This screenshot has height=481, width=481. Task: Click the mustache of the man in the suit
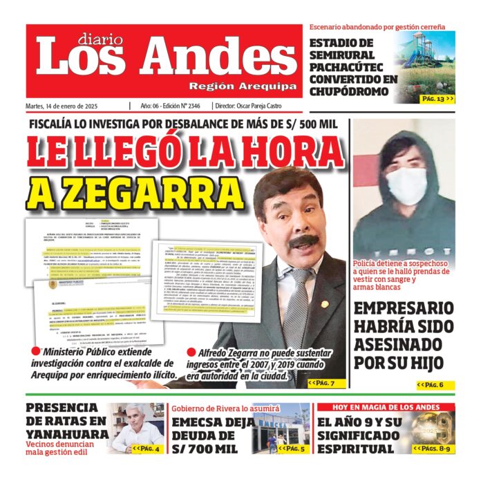coord(302,243)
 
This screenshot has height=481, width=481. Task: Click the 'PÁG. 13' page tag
coord(437,99)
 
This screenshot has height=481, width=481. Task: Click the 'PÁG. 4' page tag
coord(147,449)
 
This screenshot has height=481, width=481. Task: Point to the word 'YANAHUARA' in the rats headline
coord(67,434)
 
